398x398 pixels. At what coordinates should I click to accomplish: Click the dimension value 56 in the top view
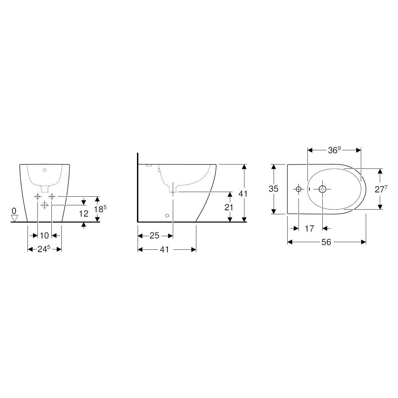(x=326, y=242)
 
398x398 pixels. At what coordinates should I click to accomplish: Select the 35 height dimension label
(x=273, y=189)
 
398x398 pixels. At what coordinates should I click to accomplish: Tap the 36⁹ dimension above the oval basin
(x=334, y=150)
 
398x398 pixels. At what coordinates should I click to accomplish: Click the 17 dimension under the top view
(x=309, y=229)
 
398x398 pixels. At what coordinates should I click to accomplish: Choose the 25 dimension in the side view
(x=154, y=236)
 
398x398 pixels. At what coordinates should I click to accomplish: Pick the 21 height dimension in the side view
(x=229, y=207)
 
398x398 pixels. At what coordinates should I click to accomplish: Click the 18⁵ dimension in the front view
(x=100, y=209)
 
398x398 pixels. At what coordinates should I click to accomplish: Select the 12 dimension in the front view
(x=84, y=214)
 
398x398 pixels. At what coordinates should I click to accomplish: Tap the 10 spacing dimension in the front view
(x=44, y=235)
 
